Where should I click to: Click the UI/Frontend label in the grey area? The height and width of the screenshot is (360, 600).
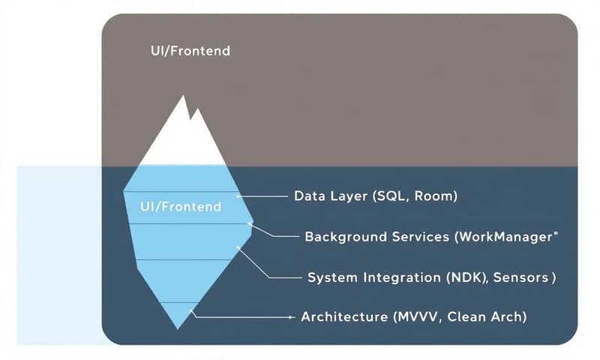coord(190,52)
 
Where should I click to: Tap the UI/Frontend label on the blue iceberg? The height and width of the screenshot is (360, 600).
coord(180,206)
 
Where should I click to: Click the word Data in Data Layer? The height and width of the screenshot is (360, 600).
coord(309,196)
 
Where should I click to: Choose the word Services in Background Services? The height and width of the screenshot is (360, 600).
coord(419,237)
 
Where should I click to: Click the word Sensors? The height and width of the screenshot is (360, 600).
coord(524,277)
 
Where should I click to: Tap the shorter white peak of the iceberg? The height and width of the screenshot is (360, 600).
coord(197,112)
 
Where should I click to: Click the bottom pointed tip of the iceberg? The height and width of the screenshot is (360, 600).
coord(178,328)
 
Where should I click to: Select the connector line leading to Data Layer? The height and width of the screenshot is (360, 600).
coord(262,196)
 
